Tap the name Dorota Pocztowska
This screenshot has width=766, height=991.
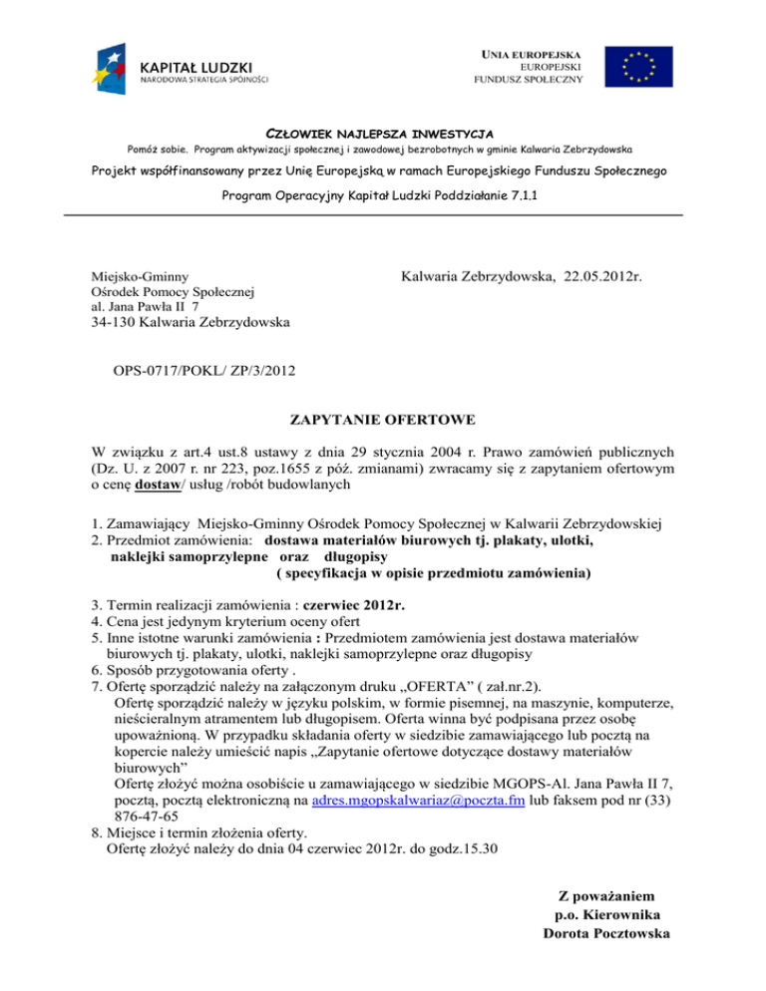pos(606,933)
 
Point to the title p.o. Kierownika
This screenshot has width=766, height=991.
pos(606,915)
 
